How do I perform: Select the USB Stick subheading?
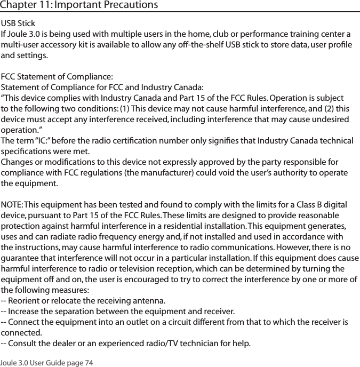coord(19,24)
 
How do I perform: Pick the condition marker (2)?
coord(329,109)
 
